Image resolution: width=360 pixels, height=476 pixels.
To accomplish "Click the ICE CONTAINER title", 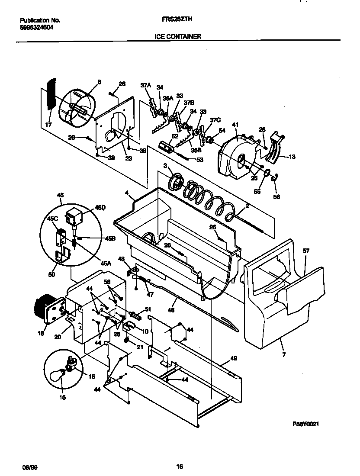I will tap(178, 37).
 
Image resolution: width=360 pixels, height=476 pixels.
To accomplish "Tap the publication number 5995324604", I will tap(37, 27).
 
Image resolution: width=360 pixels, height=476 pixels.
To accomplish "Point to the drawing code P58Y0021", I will tap(306, 425).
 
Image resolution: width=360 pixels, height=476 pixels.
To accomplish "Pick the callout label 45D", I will tap(100, 208).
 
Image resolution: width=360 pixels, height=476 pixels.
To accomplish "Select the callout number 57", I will tap(306, 251).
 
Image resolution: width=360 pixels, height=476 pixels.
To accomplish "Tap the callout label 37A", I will tap(145, 85).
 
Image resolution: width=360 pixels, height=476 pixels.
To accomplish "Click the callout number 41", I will tap(235, 125).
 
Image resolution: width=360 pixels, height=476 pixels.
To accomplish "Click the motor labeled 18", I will tap(43, 307).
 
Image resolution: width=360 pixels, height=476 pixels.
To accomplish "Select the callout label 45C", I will tap(52, 219).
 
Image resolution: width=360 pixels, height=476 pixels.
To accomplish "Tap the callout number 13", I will tap(292, 157).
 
